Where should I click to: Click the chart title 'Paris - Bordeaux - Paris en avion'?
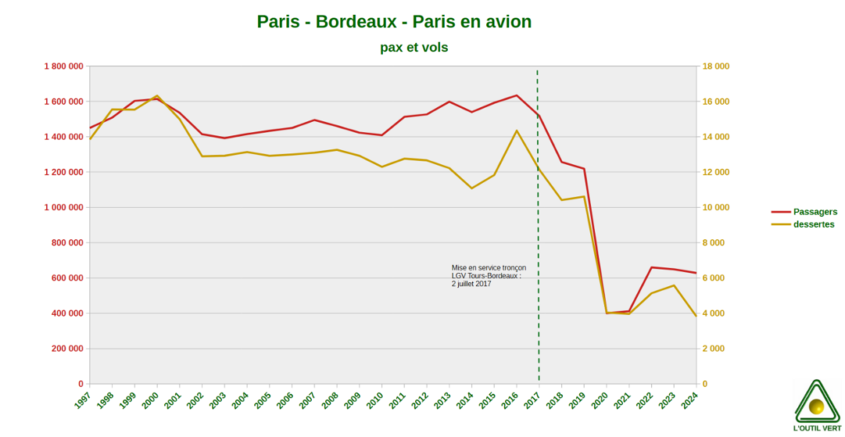(394, 21)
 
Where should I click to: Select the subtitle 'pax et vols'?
(414, 48)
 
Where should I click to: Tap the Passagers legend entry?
(814, 212)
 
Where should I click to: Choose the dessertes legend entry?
(814, 224)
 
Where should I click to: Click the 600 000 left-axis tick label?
(65, 279)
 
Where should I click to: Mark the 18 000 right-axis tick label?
(715, 67)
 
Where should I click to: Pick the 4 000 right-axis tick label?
(713, 313)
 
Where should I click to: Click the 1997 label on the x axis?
(83, 400)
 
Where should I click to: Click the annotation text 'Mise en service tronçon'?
(489, 268)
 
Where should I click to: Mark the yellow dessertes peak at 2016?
(517, 130)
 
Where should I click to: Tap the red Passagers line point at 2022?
(651, 267)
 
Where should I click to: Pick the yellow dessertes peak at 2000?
(157, 96)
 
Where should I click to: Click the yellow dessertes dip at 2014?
(471, 188)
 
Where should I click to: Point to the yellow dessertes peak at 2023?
(673, 285)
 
